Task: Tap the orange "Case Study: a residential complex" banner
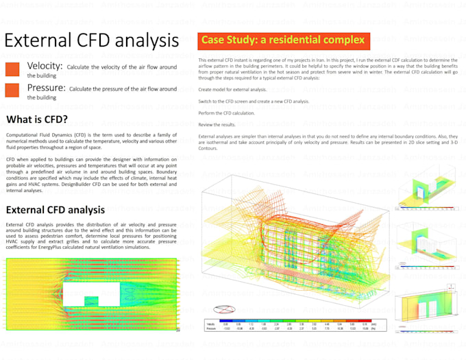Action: pos(282,40)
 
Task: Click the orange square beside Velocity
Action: pos(12,69)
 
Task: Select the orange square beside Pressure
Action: pos(12,90)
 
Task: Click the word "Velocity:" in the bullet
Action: pos(45,66)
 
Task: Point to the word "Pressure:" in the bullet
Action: pos(47,88)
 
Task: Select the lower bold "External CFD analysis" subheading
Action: pos(55,210)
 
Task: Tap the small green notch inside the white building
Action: pos(90,300)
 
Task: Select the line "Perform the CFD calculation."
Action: pos(226,112)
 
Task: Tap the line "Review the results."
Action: pos(217,124)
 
